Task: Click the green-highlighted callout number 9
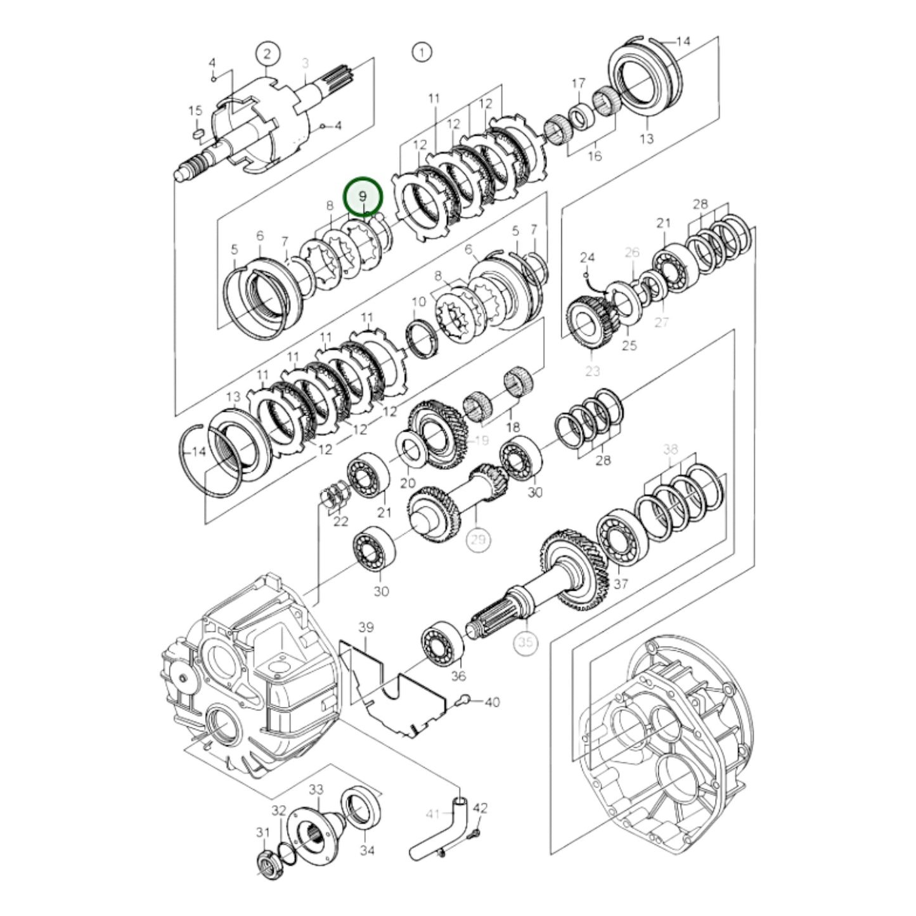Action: coord(363,197)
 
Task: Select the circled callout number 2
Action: coord(268,55)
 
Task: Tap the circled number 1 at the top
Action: coord(422,52)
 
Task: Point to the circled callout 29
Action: coord(479,539)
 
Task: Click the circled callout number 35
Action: coord(526,643)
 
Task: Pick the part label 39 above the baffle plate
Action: coord(366,628)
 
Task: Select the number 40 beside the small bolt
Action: coord(492,702)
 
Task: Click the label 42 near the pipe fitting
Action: coord(481,808)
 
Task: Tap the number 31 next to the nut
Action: coord(262,832)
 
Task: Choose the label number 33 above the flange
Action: coord(316,789)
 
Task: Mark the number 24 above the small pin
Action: coord(587,257)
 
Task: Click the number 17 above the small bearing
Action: coord(578,84)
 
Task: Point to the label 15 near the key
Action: coord(195,111)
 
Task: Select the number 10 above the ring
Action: coord(418,302)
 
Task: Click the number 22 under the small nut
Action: coord(340,521)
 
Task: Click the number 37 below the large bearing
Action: coord(621,583)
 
